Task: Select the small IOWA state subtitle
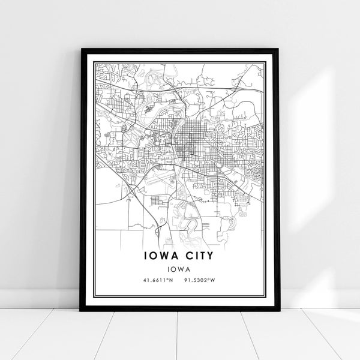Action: point(180,269)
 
